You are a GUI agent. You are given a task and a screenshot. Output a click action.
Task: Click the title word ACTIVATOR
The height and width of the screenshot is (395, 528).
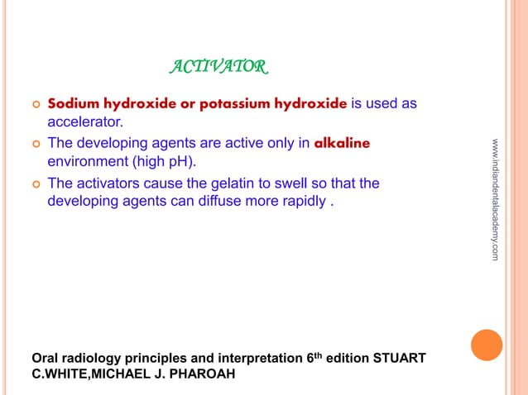pos(218,65)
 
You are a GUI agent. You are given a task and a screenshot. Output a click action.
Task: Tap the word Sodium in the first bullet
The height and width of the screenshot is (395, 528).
pos(73,104)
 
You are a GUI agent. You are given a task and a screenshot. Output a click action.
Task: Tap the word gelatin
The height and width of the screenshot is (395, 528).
pos(215,182)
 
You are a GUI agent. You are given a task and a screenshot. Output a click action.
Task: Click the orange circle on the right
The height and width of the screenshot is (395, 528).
pos(487,345)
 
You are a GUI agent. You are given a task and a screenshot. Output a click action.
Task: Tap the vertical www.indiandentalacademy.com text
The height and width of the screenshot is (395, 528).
pos(494,200)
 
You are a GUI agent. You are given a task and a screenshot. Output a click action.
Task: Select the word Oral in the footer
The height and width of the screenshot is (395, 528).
pos(46,358)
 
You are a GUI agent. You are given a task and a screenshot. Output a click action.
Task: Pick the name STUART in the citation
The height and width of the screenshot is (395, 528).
pos(400,358)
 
